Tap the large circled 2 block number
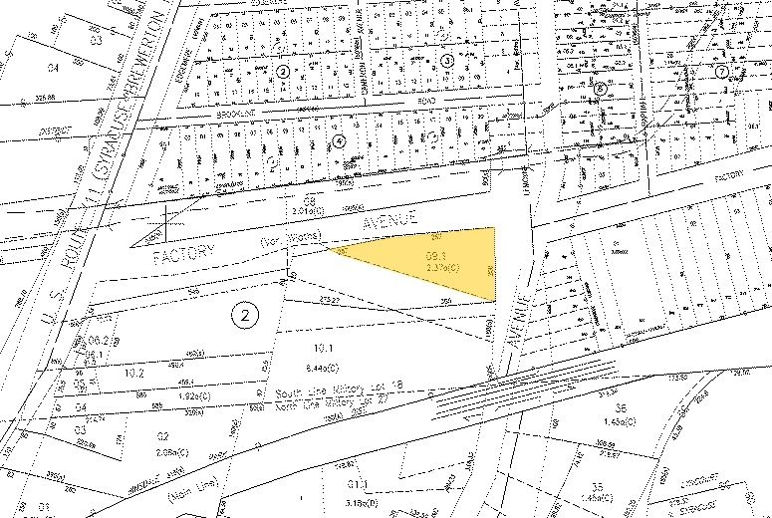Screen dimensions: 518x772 pyautogui.click(x=244, y=315)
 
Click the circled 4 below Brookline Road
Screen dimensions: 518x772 pyautogui.click(x=340, y=140)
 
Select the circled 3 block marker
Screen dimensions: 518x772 pyautogui.click(x=447, y=61)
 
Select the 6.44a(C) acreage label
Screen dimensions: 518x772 pyautogui.click(x=321, y=366)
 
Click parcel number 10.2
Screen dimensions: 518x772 pyautogui.click(x=135, y=373)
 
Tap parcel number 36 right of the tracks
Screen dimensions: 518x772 pyautogui.click(x=619, y=407)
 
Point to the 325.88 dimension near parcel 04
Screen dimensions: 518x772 pyautogui.click(x=44, y=98)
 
